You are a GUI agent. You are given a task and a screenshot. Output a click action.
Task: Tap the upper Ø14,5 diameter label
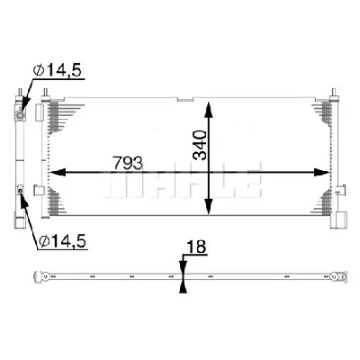coord(56,78)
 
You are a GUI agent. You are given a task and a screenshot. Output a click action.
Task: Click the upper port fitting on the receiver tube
coord(21,113)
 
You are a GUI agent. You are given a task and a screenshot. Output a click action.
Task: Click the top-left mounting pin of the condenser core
coord(35,93)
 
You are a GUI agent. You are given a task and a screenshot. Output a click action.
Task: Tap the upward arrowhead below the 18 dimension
coord(183,286)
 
